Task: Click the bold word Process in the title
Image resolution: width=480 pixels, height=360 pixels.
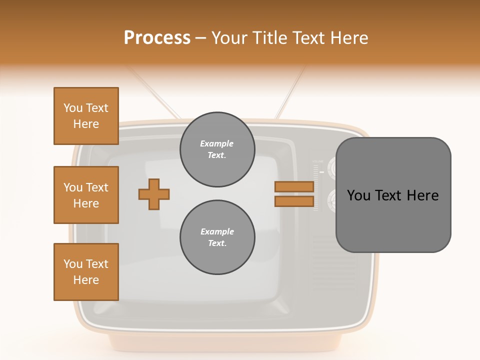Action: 157,38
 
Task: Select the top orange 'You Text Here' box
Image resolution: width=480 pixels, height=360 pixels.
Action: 86,116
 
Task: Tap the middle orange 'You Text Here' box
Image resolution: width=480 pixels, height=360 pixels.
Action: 86,195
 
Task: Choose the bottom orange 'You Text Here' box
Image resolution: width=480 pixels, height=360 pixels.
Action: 86,272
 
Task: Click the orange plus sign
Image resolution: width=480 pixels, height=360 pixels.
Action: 154,194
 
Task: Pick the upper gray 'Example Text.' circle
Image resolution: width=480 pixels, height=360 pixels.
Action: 217,149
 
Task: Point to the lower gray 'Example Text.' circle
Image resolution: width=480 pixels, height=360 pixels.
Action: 217,237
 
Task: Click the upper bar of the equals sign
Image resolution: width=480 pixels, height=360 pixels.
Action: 294,187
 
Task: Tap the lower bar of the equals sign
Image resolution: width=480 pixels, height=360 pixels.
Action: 294,201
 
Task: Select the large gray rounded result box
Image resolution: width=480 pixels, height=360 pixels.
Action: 393,195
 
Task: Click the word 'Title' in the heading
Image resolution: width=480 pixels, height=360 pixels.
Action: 270,38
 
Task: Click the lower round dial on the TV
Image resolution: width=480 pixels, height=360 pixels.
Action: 332,201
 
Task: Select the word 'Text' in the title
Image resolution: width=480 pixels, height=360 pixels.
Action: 307,38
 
